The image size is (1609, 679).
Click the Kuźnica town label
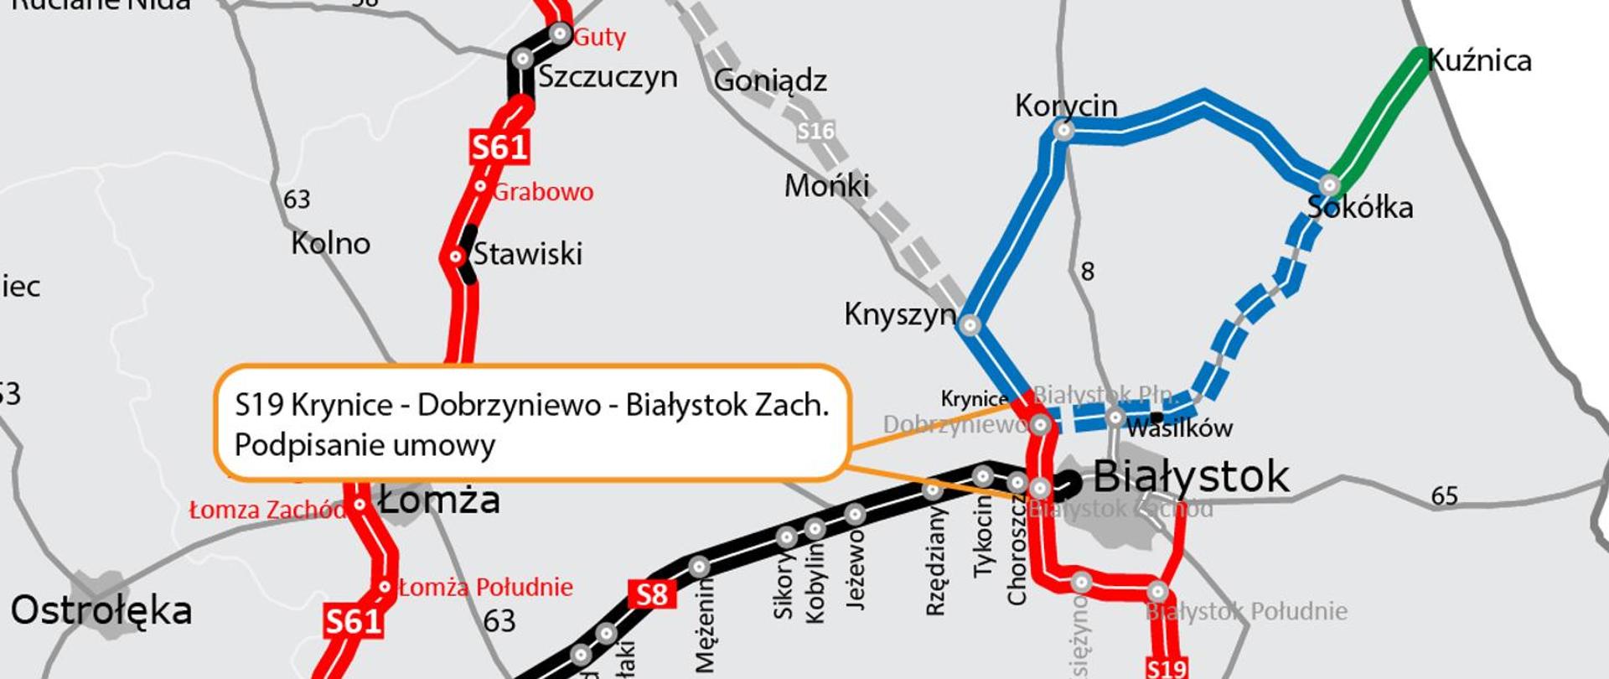(x=1479, y=60)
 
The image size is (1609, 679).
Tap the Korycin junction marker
(x=1063, y=130)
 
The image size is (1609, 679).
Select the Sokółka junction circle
(x=1329, y=184)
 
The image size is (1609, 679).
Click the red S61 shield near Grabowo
(x=499, y=147)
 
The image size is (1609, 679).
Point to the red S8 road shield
(x=652, y=594)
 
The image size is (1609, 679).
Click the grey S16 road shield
(x=815, y=131)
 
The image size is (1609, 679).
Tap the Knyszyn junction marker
(x=970, y=325)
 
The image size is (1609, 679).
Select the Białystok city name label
(x=1191, y=477)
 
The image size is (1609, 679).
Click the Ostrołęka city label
(x=101, y=610)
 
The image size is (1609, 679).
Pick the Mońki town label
(x=826, y=185)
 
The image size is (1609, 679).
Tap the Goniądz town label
(x=770, y=80)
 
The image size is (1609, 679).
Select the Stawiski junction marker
(x=456, y=256)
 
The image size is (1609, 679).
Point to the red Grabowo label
(x=543, y=192)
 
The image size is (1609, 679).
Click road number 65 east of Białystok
(x=1444, y=496)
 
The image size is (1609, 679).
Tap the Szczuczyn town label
(x=608, y=76)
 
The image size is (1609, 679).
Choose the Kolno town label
(x=330, y=243)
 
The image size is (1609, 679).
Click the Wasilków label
(x=1179, y=428)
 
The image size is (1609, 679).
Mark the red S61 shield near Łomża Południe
(x=354, y=621)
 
